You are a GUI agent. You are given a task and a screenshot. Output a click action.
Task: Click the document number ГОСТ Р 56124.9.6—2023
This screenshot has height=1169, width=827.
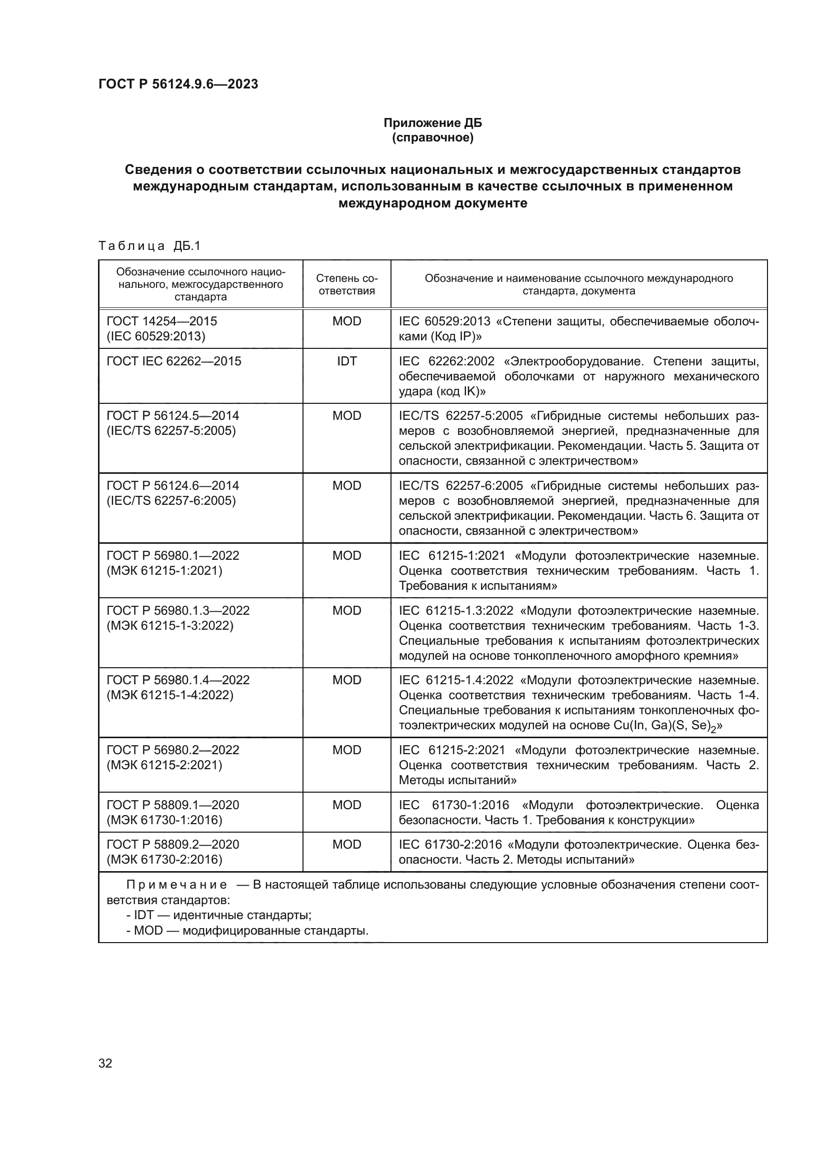(178, 84)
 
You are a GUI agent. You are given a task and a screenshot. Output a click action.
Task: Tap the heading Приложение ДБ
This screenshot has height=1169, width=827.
(432, 123)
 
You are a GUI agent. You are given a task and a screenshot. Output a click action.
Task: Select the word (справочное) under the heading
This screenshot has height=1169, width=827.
(432, 137)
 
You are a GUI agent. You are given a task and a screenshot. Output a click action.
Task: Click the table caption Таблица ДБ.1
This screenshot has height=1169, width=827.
(149, 246)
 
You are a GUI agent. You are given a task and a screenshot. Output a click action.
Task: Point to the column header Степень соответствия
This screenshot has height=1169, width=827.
(346, 284)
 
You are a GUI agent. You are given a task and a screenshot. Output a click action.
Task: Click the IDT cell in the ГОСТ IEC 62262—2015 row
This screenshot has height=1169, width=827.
(346, 361)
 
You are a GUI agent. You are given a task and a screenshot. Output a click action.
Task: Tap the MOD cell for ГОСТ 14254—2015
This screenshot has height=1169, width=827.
(346, 321)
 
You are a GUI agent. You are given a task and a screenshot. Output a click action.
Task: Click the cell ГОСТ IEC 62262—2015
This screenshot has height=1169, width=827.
(173, 361)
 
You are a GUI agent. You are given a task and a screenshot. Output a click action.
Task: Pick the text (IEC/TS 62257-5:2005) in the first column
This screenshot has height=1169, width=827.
(171, 431)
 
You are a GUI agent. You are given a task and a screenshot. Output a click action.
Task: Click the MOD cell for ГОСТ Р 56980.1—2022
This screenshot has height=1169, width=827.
(346, 555)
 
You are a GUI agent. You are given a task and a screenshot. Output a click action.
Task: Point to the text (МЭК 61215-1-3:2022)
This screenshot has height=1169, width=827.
(170, 625)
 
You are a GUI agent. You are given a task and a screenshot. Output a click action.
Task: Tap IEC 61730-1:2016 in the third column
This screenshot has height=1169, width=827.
(453, 805)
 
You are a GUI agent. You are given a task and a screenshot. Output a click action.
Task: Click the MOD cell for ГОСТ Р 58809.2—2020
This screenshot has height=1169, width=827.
(346, 845)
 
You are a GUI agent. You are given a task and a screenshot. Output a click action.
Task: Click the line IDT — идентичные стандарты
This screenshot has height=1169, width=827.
(219, 915)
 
